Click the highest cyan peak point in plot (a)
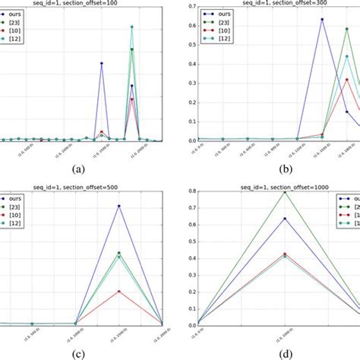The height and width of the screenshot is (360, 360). tap(132, 27)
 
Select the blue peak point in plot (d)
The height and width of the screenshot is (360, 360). tap(284, 219)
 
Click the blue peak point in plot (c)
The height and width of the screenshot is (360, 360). tap(118, 206)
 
